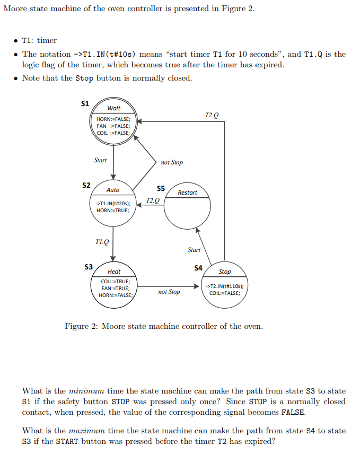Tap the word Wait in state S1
click(x=113, y=108)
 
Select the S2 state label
click(x=86, y=185)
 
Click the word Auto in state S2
click(x=113, y=190)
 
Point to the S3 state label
click(x=89, y=266)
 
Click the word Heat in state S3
click(x=114, y=272)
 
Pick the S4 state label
click(x=198, y=268)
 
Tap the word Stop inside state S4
click(x=225, y=272)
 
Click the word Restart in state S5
click(x=187, y=193)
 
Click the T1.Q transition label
click(x=102, y=241)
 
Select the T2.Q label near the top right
click(x=211, y=115)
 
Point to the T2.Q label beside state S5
click(x=152, y=200)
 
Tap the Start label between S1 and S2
click(x=100, y=160)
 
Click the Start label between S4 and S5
click(x=194, y=249)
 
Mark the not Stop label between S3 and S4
click(x=169, y=292)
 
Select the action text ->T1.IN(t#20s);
click(x=113, y=204)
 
